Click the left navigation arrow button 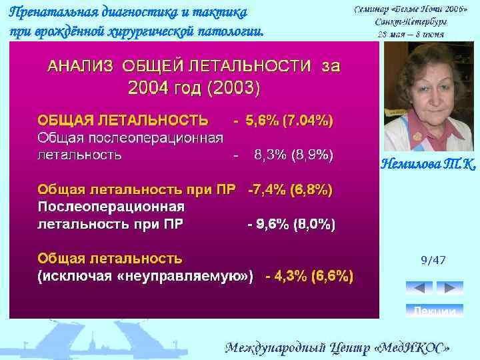point(419,288)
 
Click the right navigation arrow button point(450,288)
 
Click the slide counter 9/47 point(433,260)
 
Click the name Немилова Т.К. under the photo point(428,163)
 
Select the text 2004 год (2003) point(193,87)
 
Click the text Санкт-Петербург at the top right point(411,22)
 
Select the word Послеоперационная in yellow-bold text point(111,206)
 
